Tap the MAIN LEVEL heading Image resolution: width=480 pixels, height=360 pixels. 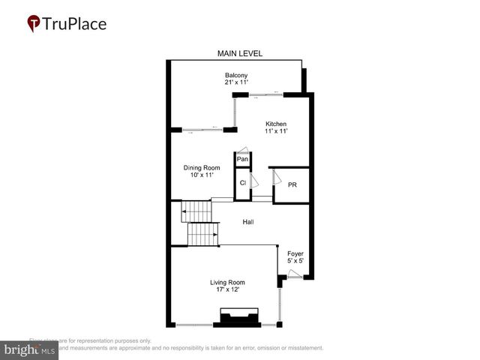(239, 53)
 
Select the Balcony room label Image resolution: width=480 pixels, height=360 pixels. (236, 75)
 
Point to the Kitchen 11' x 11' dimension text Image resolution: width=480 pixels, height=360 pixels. (275, 131)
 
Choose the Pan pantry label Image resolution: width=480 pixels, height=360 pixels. (242, 159)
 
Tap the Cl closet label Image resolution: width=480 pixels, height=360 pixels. (242, 182)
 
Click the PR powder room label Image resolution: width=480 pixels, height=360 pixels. (292, 184)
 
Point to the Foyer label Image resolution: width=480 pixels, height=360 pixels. (295, 253)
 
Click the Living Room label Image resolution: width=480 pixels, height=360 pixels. (226, 282)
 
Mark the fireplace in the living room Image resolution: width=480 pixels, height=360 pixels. (237, 317)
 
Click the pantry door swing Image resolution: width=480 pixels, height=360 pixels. (241, 150)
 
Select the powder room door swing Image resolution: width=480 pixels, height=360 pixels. (275, 177)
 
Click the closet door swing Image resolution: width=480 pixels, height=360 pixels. (254, 180)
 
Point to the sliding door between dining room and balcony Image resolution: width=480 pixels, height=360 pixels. (203, 130)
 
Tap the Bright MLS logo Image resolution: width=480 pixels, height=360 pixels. (29, 349)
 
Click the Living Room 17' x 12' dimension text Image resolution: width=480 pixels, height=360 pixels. (226, 290)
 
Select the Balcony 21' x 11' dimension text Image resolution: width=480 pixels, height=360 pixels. (236, 82)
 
